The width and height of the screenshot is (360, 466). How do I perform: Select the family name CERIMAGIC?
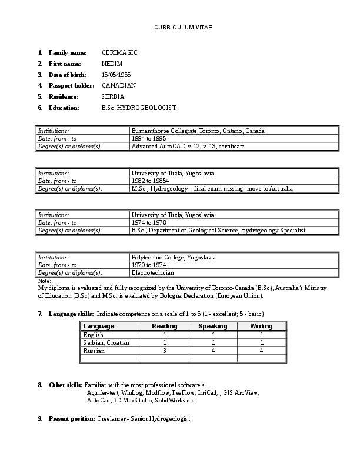point(119,53)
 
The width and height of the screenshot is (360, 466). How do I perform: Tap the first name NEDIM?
point(112,64)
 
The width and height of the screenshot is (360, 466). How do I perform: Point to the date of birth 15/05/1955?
point(118,75)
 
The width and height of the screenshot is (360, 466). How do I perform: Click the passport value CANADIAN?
point(119,85)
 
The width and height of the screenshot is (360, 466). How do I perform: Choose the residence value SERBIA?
point(113,96)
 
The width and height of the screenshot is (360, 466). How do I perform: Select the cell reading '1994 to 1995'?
point(148,138)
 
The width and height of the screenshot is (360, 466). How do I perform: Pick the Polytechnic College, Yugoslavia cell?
point(174,258)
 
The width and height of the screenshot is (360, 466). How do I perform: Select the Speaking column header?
point(212,326)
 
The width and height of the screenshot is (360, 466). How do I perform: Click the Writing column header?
point(261,326)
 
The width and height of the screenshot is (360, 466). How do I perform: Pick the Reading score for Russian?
point(165,351)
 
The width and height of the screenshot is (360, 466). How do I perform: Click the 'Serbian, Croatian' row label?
point(106,342)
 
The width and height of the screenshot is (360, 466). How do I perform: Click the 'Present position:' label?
point(71,418)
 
